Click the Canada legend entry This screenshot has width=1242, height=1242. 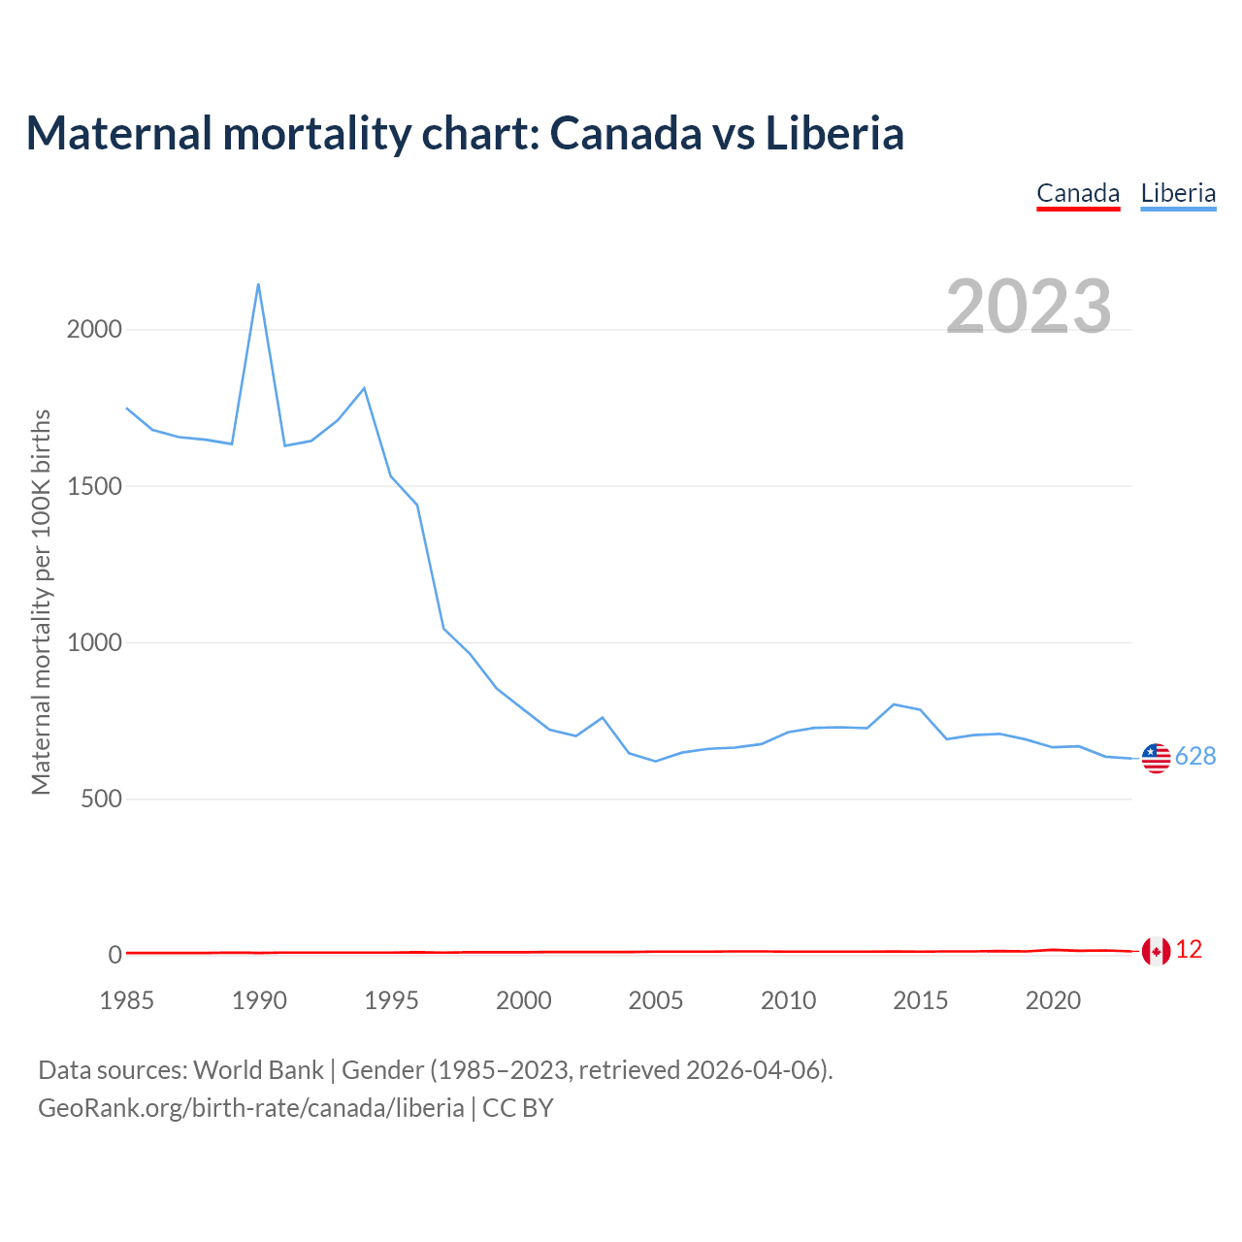point(1078,193)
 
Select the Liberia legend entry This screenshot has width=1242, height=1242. point(1178,193)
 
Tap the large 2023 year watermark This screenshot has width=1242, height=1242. point(1029,307)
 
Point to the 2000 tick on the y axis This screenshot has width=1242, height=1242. point(94,329)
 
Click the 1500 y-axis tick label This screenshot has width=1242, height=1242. point(94,486)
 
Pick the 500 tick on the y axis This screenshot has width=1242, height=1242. point(101,799)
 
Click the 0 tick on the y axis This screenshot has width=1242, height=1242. point(115,955)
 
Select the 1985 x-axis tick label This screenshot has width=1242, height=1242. point(126,1000)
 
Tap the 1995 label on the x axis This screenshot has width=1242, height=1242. point(391,1000)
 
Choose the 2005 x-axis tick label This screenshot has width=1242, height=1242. point(656,1000)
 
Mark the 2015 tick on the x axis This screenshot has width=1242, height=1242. point(920,1000)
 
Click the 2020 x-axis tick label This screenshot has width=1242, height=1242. point(1053,1000)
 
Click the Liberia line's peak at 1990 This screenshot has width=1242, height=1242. point(258,284)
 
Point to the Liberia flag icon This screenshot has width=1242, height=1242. point(1156,758)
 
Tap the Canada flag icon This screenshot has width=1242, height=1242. point(1156,951)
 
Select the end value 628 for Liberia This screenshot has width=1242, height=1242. point(1195,756)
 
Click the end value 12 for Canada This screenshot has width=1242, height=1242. point(1189,950)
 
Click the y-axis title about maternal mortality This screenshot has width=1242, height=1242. point(41,602)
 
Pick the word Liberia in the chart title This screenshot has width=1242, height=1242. point(834,133)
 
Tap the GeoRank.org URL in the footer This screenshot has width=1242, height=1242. point(250,1107)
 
